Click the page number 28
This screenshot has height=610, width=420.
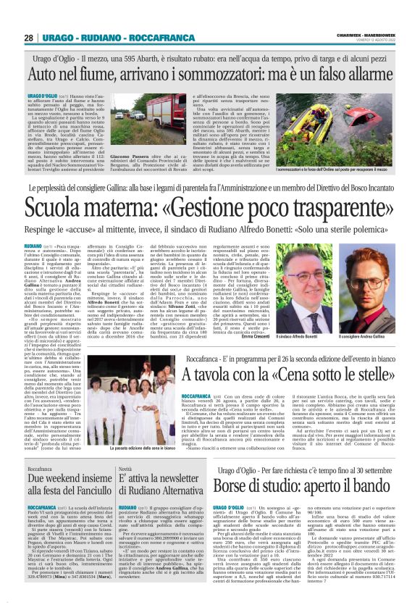[x=28, y=37]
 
